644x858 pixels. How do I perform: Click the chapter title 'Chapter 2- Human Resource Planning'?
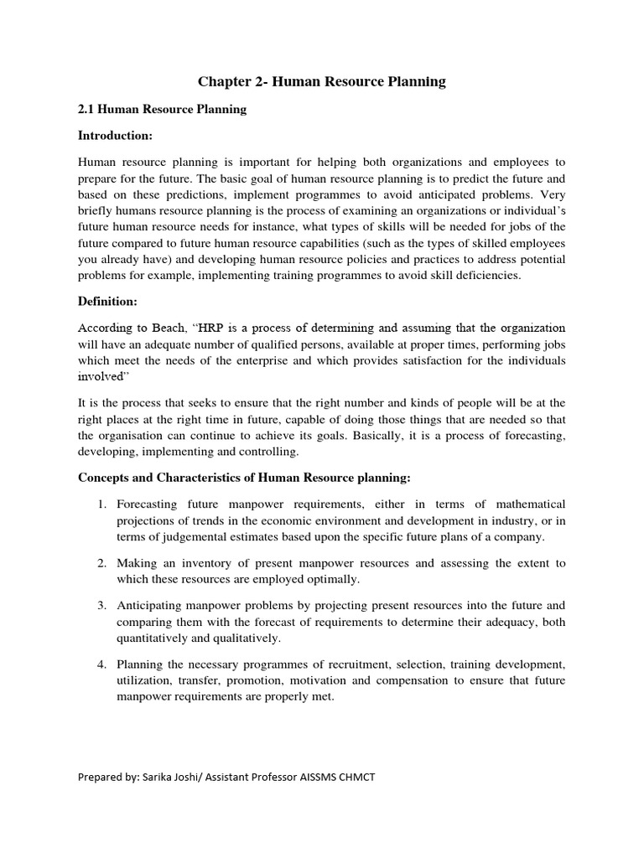[x=322, y=81]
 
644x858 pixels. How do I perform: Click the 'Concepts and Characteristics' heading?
[x=243, y=478]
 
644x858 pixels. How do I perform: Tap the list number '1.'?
[x=101, y=504]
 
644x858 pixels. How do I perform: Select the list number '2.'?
[x=101, y=563]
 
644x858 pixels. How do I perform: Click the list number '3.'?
[x=101, y=605]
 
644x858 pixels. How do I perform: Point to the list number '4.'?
[x=101, y=664]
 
